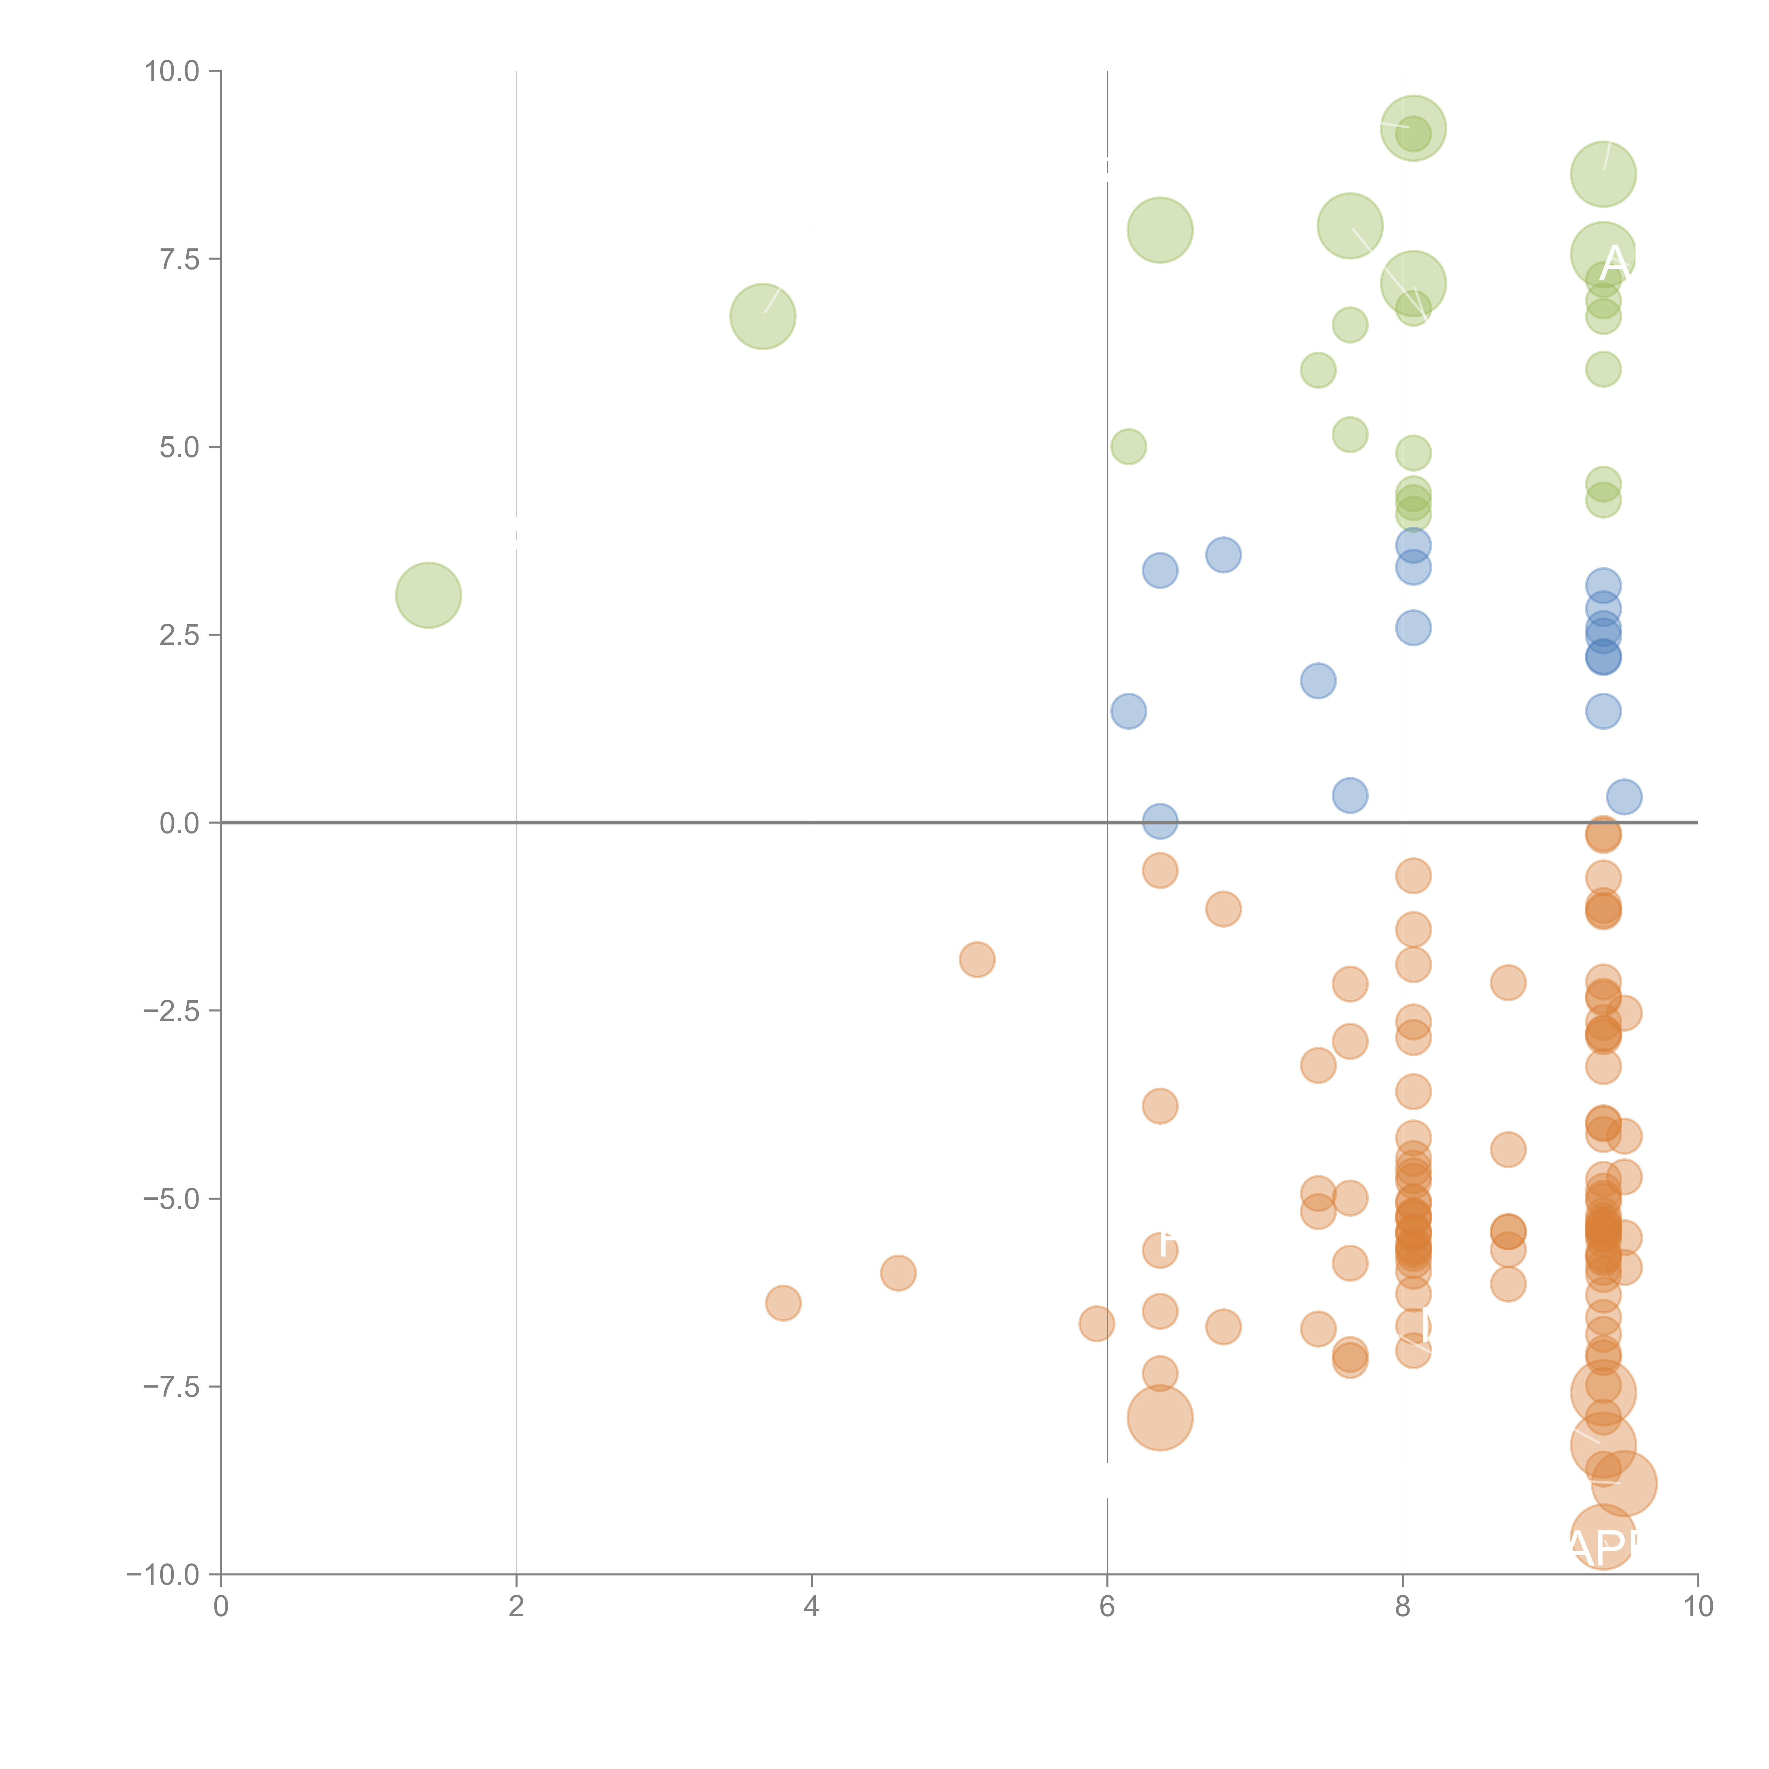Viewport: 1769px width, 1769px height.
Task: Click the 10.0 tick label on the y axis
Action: pyautogui.click(x=172, y=71)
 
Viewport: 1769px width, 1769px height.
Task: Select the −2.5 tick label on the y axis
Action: pyautogui.click(x=172, y=1011)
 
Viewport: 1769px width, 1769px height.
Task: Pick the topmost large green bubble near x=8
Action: pyautogui.click(x=1413, y=128)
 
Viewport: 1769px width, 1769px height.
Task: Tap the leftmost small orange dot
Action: pyautogui.click(x=783, y=1303)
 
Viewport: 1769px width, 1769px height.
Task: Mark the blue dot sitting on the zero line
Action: pyautogui.click(x=1159, y=821)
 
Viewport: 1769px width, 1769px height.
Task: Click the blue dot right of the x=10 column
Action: pyautogui.click(x=1624, y=797)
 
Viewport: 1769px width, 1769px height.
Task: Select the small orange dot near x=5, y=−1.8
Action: pyautogui.click(x=977, y=960)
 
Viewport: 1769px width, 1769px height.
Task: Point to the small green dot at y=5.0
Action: pyautogui.click(x=1128, y=447)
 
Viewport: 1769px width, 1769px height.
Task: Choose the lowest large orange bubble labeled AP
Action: pyautogui.click(x=1602, y=1537)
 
